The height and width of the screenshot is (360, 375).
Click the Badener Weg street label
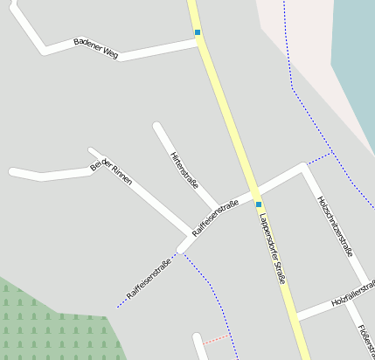[x=96, y=48]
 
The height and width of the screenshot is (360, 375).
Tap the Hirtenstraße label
[x=184, y=170]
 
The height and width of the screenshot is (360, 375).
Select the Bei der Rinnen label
[x=111, y=172]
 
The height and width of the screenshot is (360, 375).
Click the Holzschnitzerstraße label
[x=335, y=225]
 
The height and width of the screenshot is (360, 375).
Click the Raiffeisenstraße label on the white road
[x=215, y=219]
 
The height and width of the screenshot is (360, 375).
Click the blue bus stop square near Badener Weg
[x=198, y=32]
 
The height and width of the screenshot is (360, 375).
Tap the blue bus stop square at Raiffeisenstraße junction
[x=259, y=204]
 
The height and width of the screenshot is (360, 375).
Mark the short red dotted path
[x=217, y=338]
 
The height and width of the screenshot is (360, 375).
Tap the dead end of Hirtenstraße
[x=157, y=127]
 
